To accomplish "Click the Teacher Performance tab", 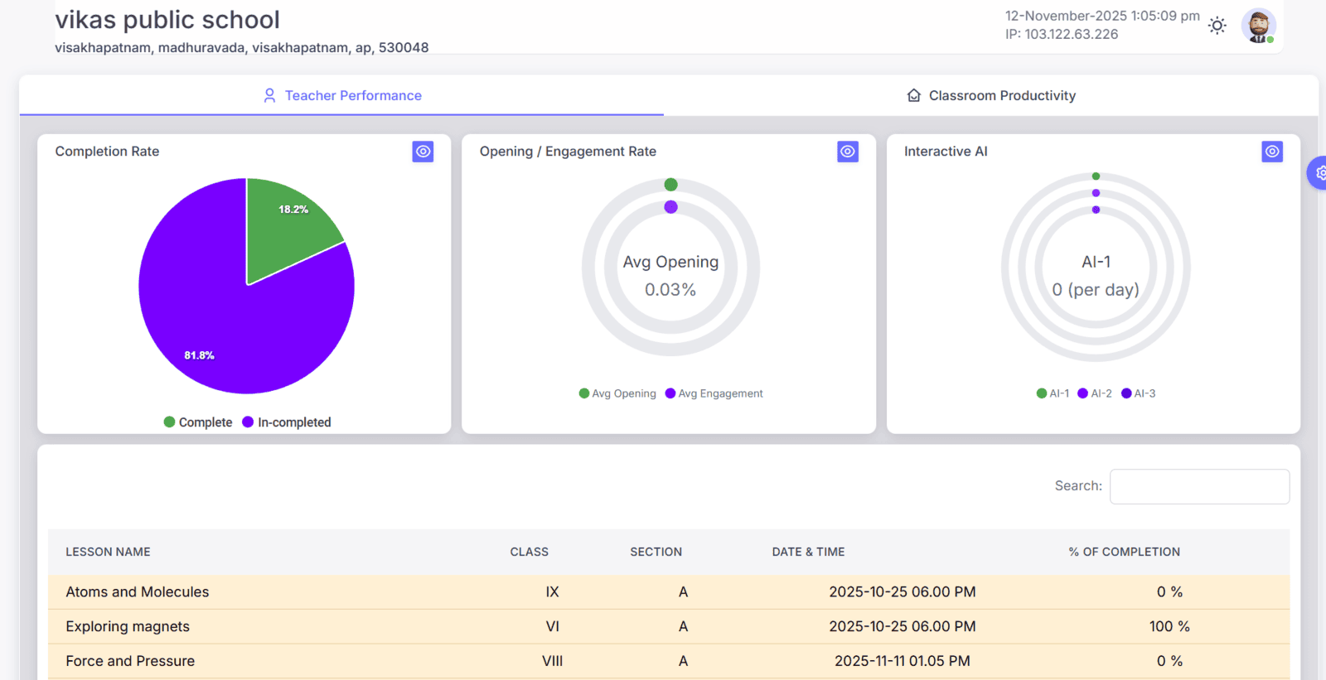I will [342, 96].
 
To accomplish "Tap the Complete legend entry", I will [198, 422].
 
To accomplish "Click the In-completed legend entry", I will [287, 422].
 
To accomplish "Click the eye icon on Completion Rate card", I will [423, 152].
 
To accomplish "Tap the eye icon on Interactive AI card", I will [1272, 152].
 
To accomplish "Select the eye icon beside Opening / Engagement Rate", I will [847, 152].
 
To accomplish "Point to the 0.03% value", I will [670, 290].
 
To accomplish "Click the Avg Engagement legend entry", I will [714, 393].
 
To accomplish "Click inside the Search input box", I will [1199, 486].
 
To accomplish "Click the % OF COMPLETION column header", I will [1124, 552].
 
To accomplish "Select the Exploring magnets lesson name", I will [128, 627].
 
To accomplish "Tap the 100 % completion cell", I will [1169, 627].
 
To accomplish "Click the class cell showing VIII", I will [552, 661].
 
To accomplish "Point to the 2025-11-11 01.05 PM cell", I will [902, 661].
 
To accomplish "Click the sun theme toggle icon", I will [1217, 26].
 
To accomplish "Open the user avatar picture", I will [1258, 26].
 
